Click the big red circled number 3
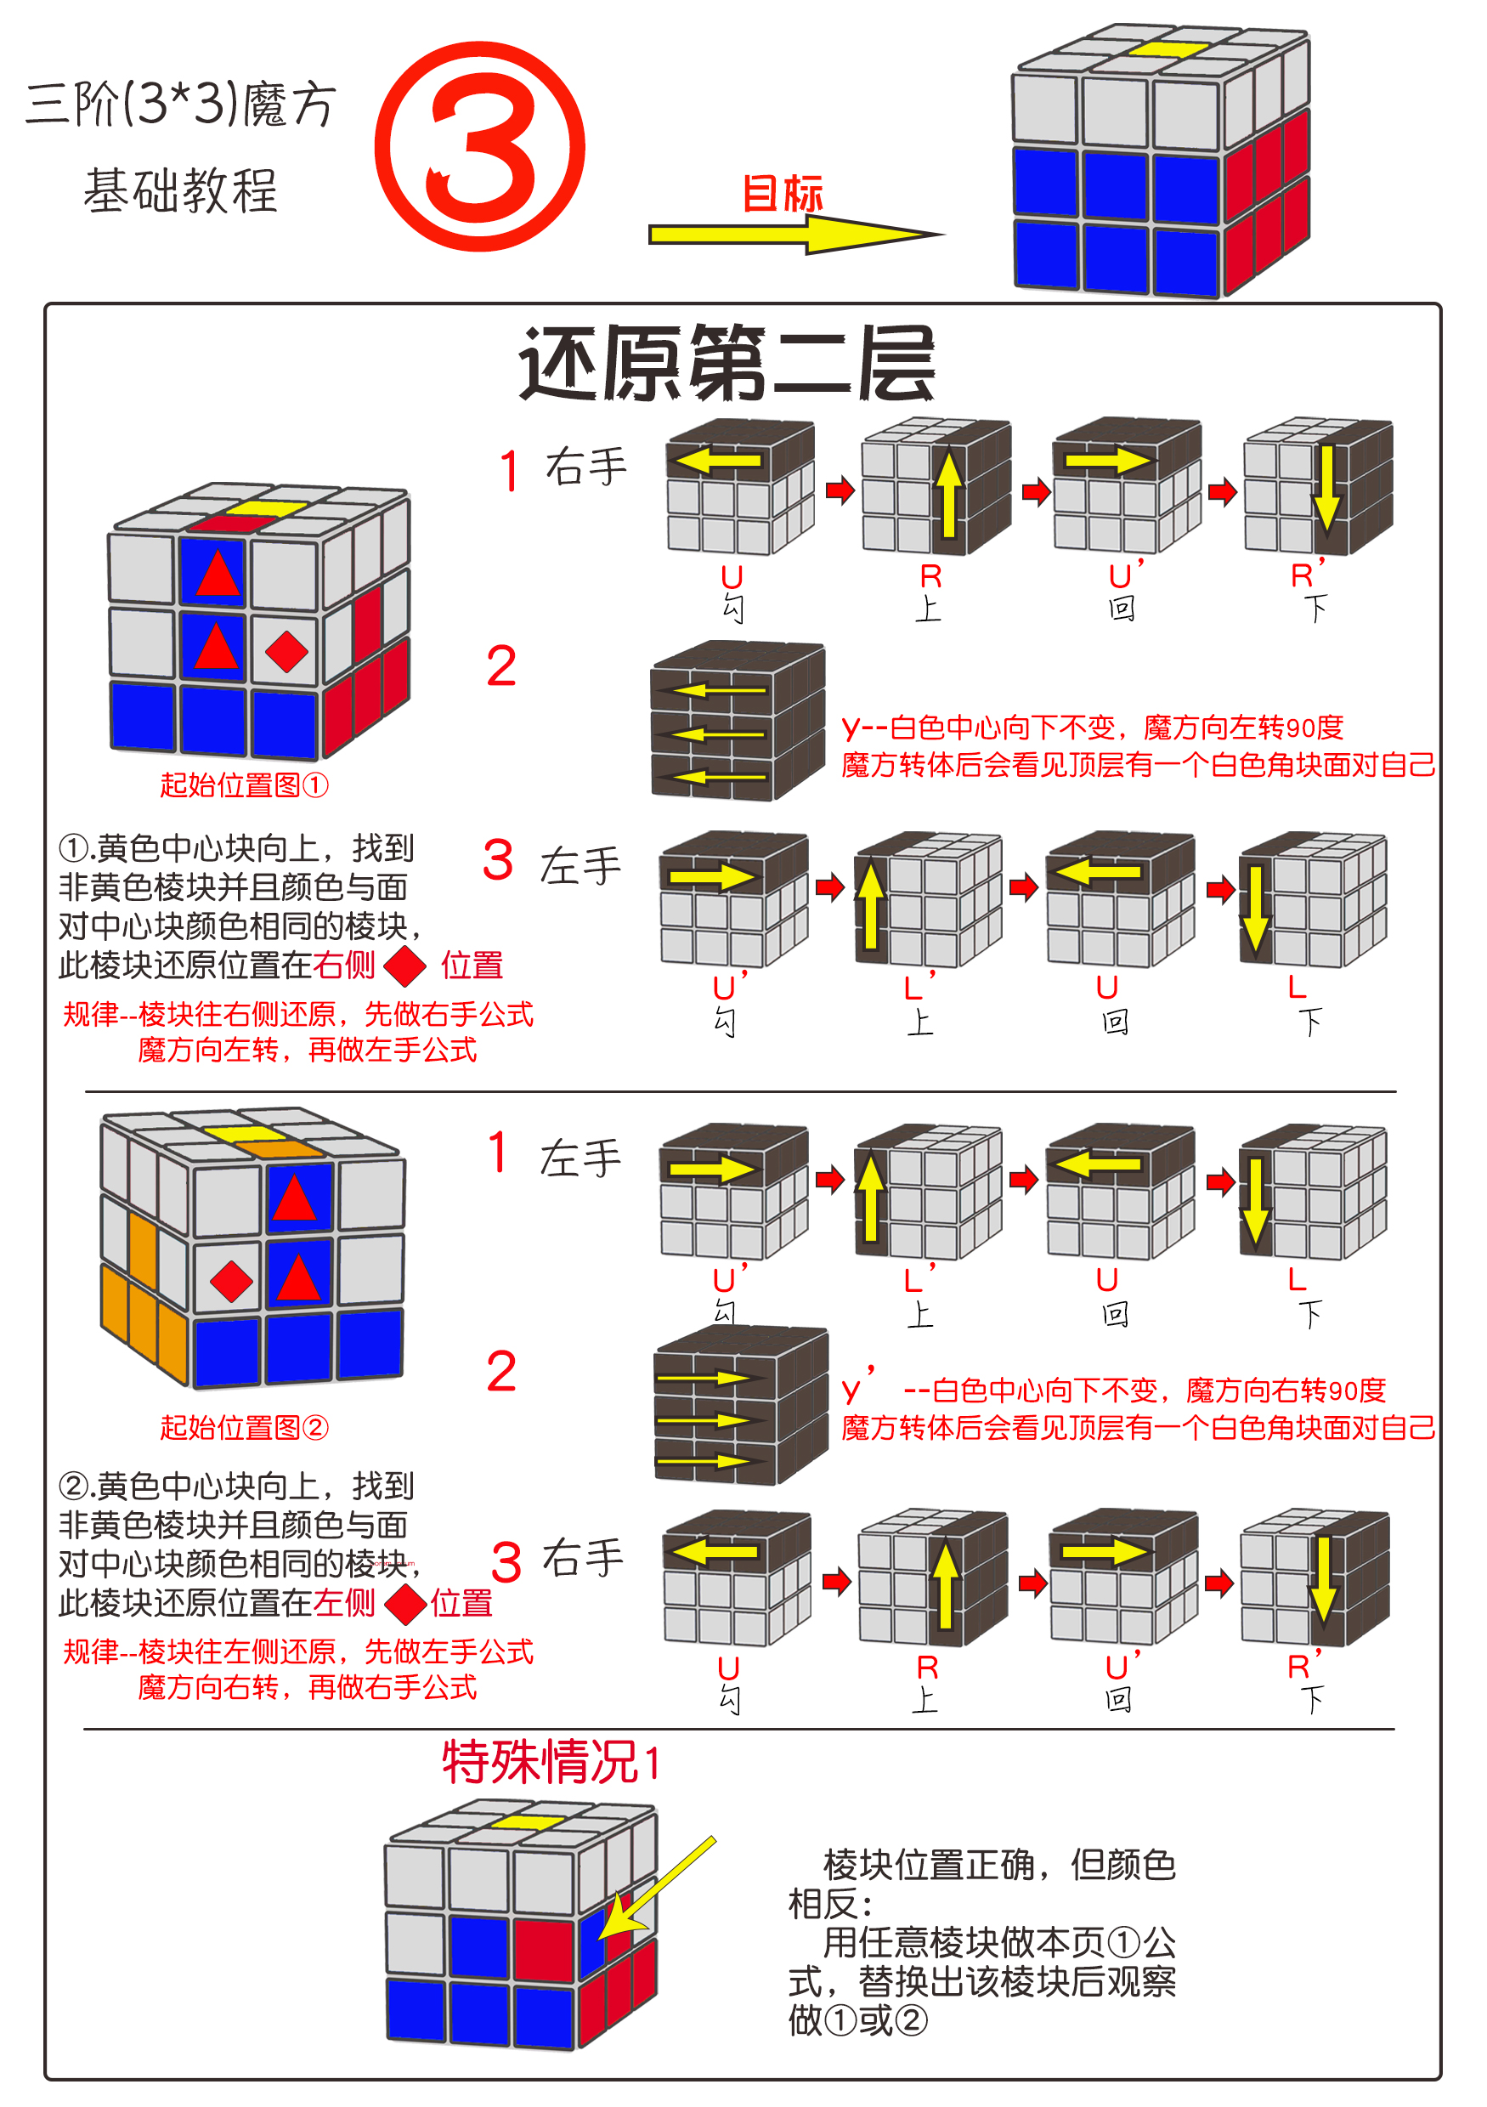[480, 147]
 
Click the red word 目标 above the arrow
[782, 194]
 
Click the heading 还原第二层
[727, 365]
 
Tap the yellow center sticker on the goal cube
[1168, 48]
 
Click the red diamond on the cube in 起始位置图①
[286, 652]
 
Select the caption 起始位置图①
[244, 784]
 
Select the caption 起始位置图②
[244, 1427]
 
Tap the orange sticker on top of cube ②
[285, 1149]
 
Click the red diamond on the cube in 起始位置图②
[231, 1281]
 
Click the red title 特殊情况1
[551, 1762]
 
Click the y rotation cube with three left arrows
[737, 722]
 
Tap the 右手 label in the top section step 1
[585, 467]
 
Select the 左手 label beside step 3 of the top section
[580, 866]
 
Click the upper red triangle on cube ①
[218, 575]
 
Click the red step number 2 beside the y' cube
[500, 1372]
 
